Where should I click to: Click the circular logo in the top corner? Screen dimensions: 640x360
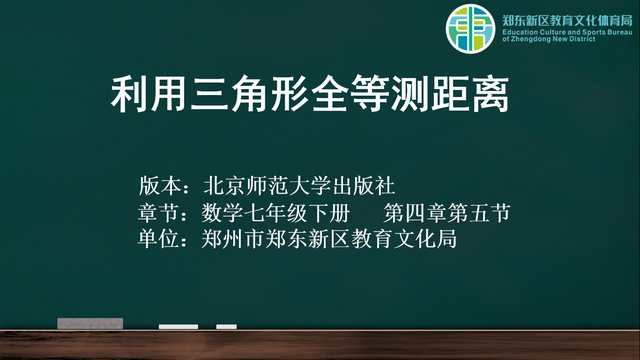470,29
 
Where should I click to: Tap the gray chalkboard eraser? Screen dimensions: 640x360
90,323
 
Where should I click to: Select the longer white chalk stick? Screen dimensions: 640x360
179,327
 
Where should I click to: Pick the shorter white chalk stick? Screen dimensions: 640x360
226,327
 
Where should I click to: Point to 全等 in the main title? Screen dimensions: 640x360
350,93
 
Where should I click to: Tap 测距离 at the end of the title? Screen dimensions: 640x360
450,93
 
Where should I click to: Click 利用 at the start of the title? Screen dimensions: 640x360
149,93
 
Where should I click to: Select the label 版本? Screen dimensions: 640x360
160,186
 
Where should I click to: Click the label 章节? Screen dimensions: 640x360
159,213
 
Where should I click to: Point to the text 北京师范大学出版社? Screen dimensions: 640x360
299,186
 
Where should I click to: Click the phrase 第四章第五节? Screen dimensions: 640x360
447,213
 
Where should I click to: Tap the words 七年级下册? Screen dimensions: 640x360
297,213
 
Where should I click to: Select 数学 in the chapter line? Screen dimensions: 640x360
222,213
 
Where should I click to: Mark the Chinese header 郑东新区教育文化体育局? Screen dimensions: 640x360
567,21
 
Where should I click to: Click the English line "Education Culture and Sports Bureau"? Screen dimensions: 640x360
567,32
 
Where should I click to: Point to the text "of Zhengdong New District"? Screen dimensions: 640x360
549,39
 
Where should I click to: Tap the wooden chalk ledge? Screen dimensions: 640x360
320,345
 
